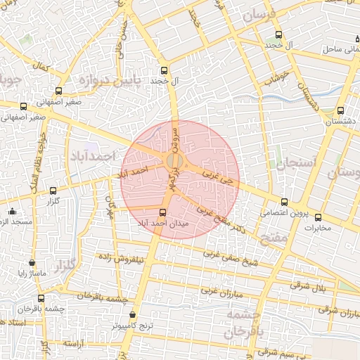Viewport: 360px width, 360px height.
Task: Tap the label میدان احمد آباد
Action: [163, 223]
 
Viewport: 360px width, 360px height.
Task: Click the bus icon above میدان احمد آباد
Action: [163, 212]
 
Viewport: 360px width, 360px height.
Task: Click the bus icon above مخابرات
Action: [318, 217]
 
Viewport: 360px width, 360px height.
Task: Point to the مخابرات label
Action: [316, 228]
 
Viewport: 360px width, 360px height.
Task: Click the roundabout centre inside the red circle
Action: [175, 162]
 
